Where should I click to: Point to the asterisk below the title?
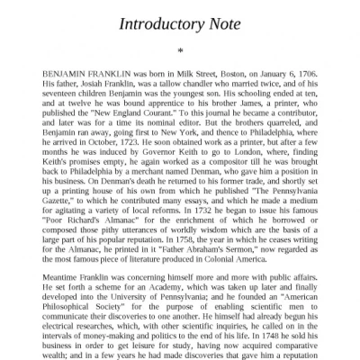(x=180, y=50)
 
